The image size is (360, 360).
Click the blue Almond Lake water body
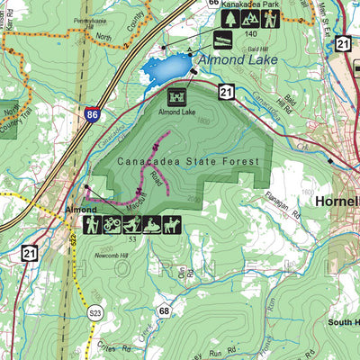[x=166, y=68]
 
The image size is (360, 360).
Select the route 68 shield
[x=163, y=311]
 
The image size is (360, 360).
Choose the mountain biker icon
[x=111, y=224]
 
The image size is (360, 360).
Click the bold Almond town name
[x=81, y=209]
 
